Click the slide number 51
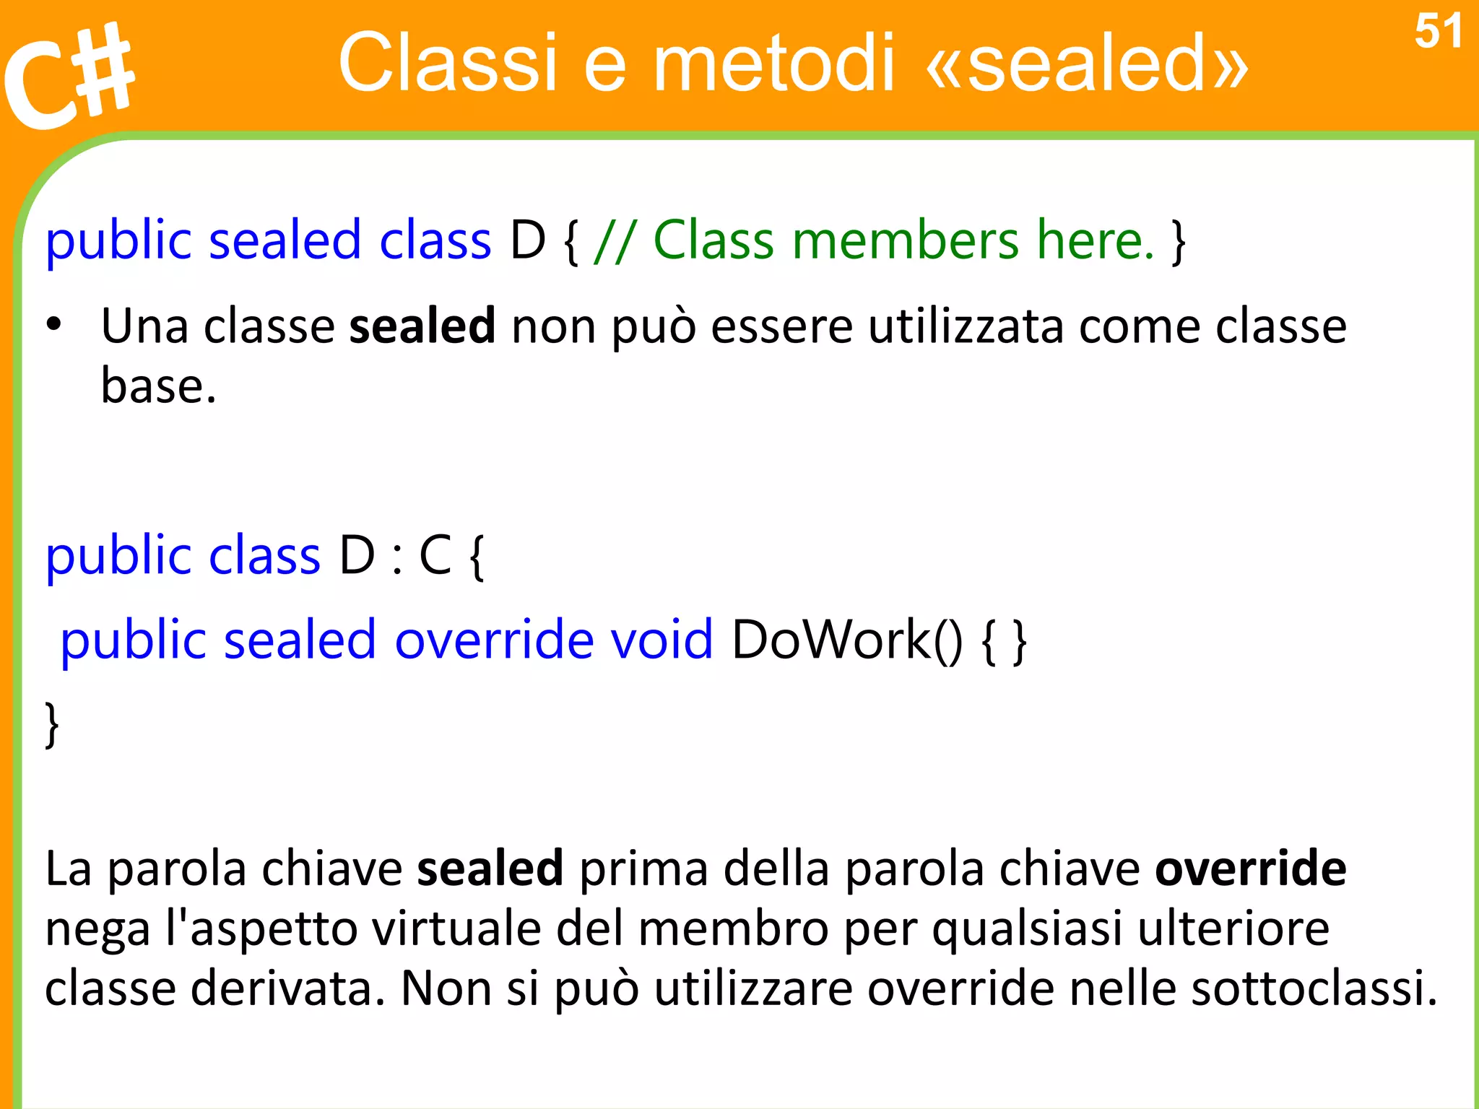pyautogui.click(x=1437, y=32)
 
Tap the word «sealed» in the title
pyautogui.click(x=1086, y=64)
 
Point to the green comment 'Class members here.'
pyautogui.click(x=903, y=240)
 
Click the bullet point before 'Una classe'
pyautogui.click(x=53, y=325)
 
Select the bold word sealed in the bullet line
pyautogui.click(x=422, y=326)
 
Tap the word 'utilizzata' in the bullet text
pyautogui.click(x=966, y=326)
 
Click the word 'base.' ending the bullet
pyautogui.click(x=159, y=386)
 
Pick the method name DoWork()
pyautogui.click(x=846, y=640)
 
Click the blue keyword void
pyautogui.click(x=662, y=640)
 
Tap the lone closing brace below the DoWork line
pyautogui.click(x=52, y=723)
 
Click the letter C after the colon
pyautogui.click(x=435, y=556)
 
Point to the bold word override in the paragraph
pyautogui.click(x=1250, y=868)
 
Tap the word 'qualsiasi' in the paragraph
pyautogui.click(x=1027, y=928)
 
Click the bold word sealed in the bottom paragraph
pyautogui.click(x=490, y=868)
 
